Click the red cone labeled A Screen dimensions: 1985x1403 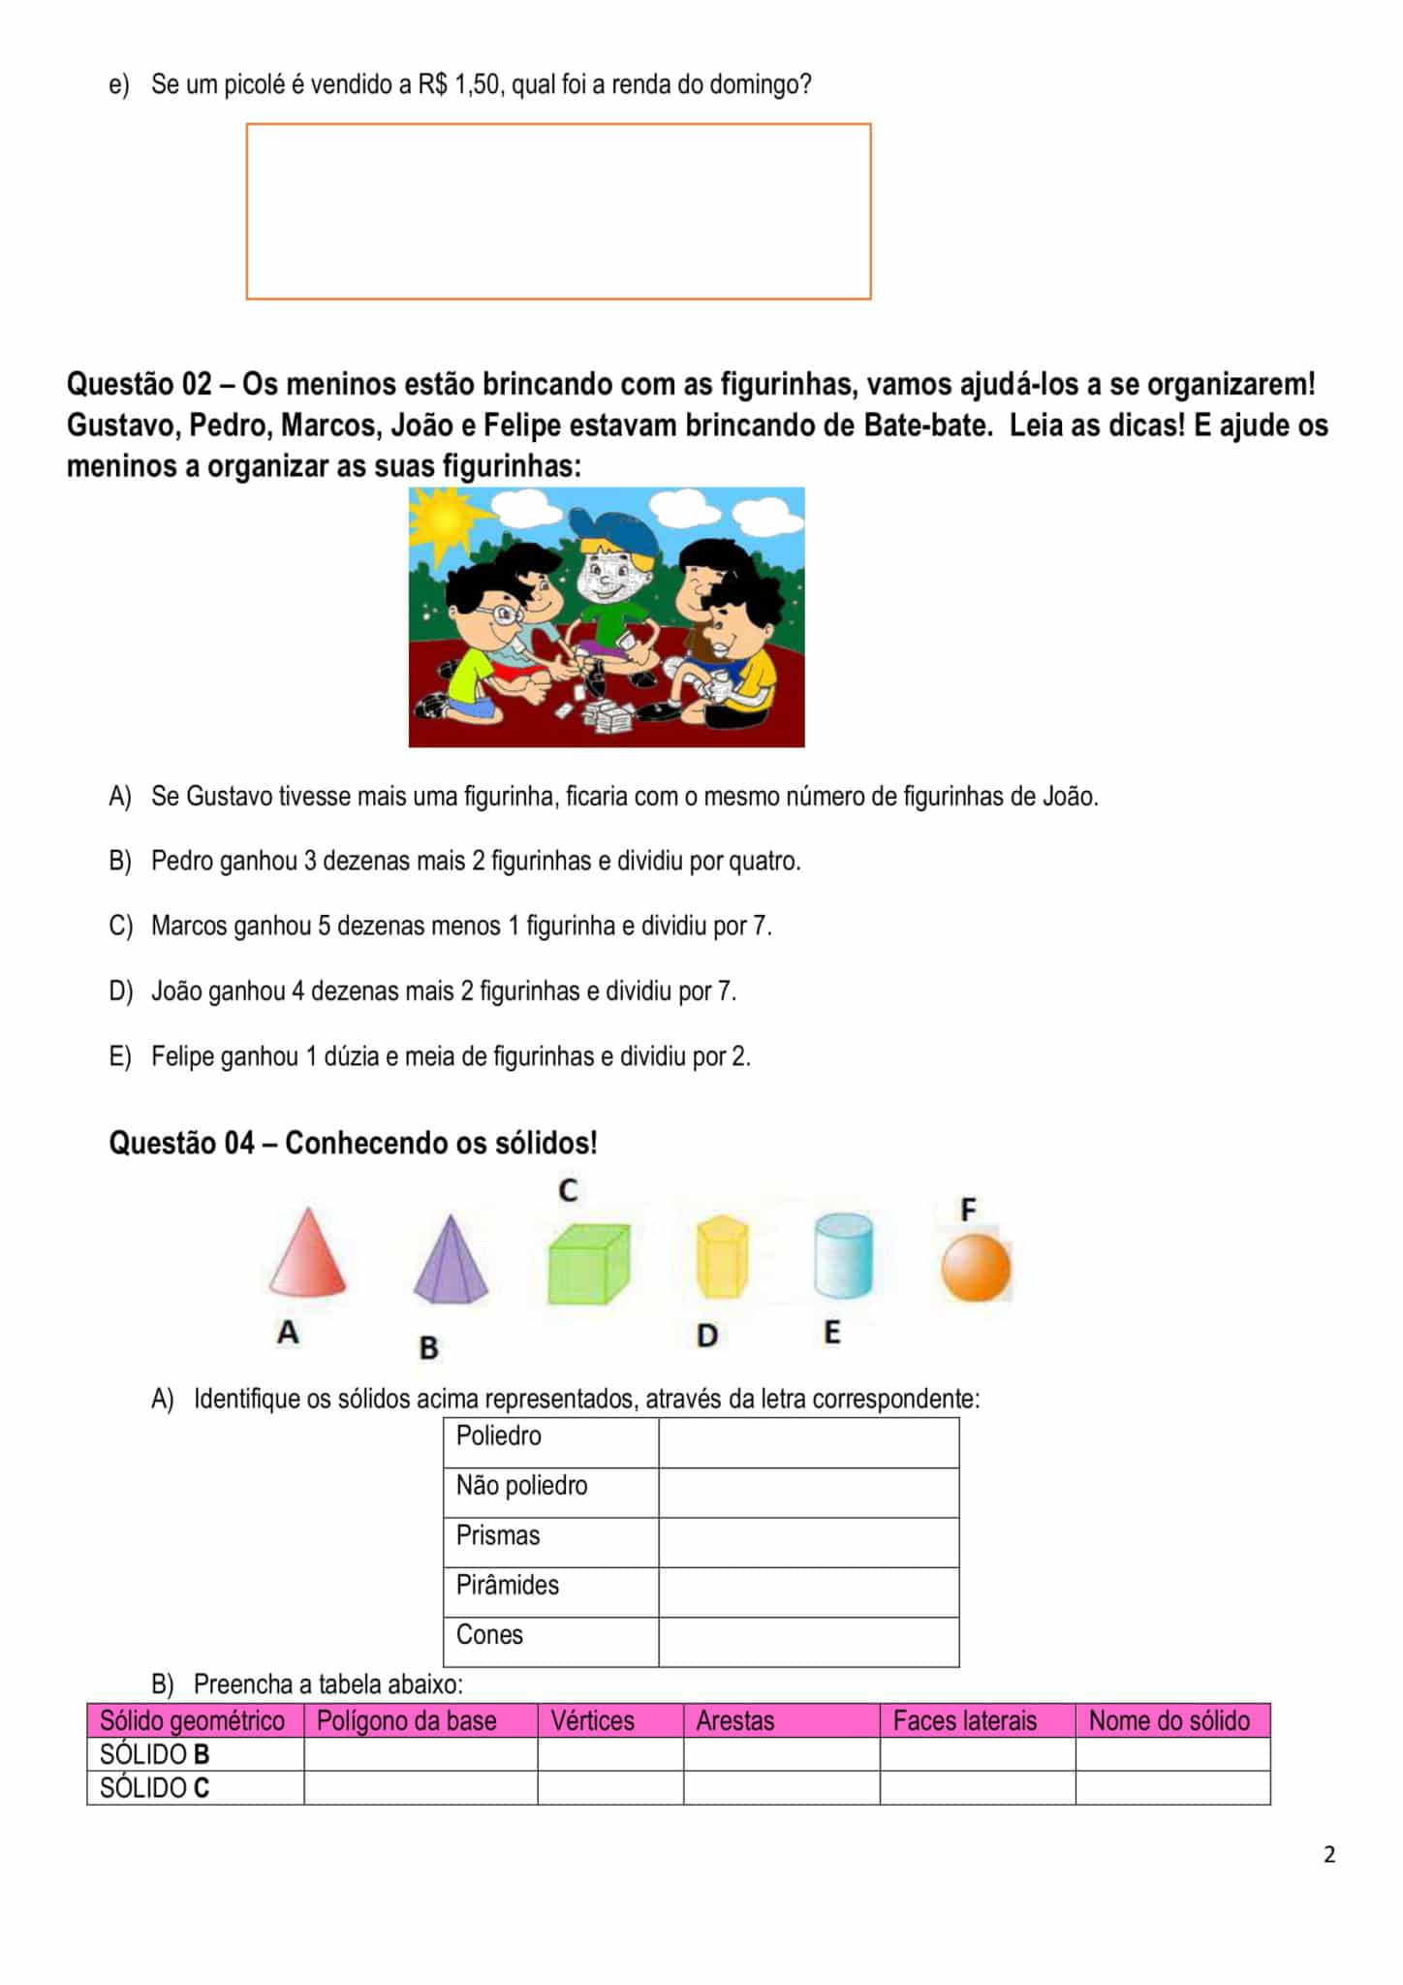(x=306, y=1254)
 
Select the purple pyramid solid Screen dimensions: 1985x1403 (x=451, y=1263)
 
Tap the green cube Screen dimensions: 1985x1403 (x=588, y=1264)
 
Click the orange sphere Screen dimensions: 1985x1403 (x=976, y=1268)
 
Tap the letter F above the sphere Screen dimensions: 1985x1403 (x=968, y=1210)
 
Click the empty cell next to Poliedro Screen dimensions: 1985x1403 (x=808, y=1443)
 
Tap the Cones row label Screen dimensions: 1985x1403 (x=489, y=1635)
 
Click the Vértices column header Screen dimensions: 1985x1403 (x=592, y=1720)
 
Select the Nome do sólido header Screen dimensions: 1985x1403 (x=1169, y=1720)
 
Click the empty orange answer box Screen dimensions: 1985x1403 (x=558, y=211)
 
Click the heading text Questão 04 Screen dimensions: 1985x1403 (x=181, y=1144)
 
